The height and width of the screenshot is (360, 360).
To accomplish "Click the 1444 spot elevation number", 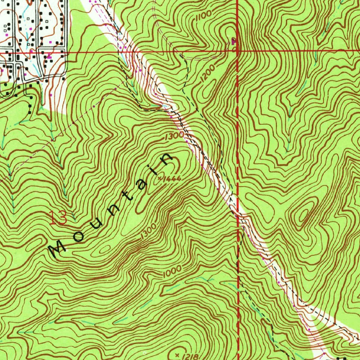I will click(173, 179).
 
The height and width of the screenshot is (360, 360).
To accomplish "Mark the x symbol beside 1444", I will click(160, 179).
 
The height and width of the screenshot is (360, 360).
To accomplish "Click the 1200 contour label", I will click(208, 75).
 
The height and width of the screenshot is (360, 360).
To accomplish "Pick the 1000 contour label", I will click(172, 271).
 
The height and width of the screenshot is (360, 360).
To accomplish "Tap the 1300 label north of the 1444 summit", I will click(174, 136).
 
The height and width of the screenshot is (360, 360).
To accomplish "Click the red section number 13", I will click(58, 218).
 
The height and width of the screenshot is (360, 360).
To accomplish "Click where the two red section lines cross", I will click(238, 52).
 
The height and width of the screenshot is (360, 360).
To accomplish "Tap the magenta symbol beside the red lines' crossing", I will click(233, 42).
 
